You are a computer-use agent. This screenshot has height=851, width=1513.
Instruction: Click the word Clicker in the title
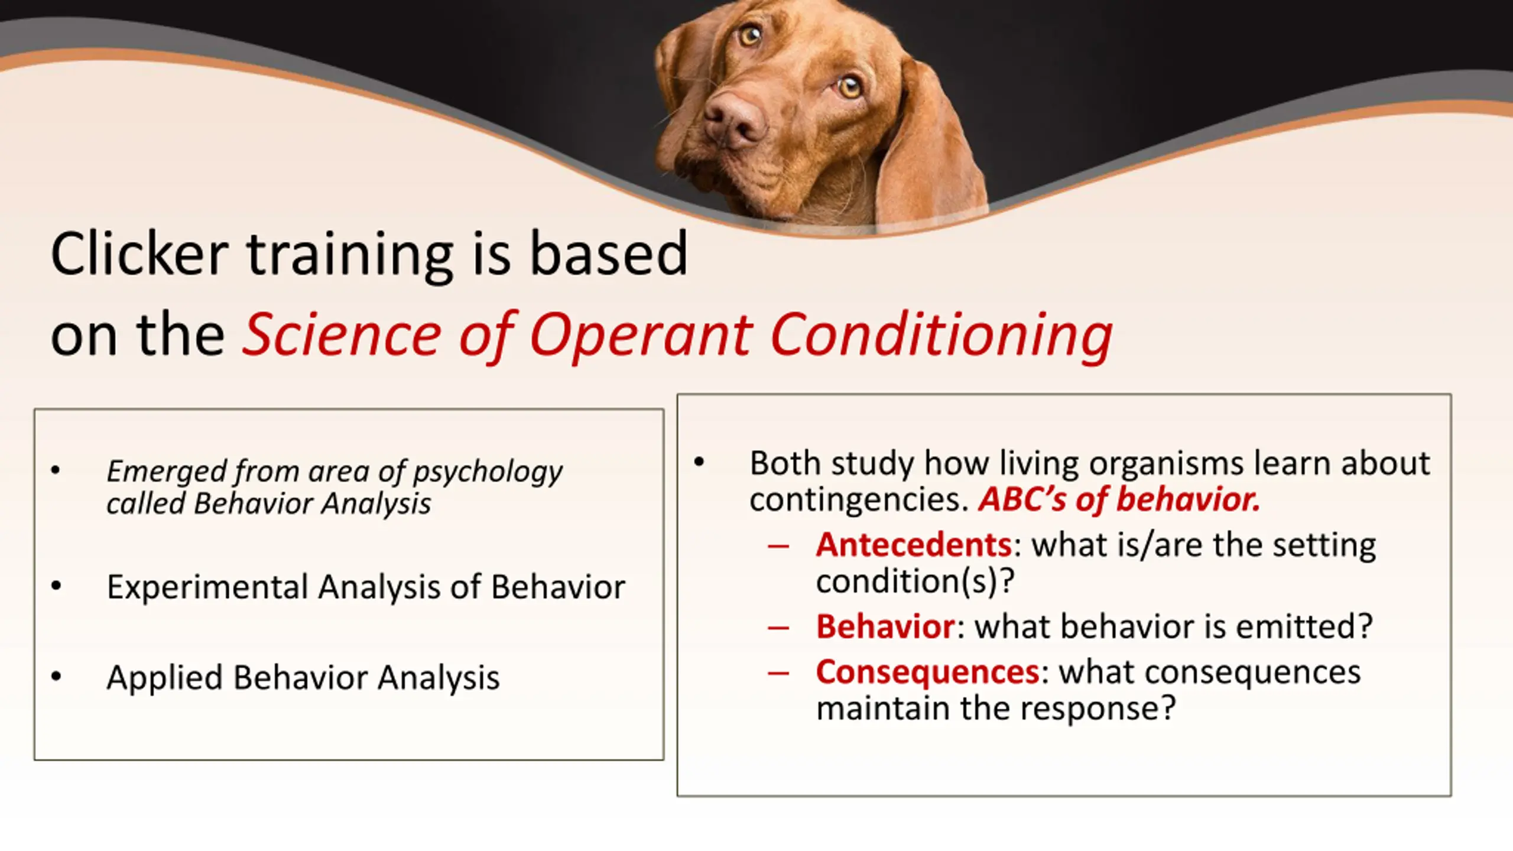click(x=139, y=254)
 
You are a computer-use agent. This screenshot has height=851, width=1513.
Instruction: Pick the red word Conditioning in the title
click(x=942, y=335)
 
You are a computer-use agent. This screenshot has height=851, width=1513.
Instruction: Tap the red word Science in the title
click(x=342, y=335)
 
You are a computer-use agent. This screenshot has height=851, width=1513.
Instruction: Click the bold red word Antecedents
click(x=914, y=544)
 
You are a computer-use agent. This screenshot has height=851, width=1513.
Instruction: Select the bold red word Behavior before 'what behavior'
click(x=885, y=626)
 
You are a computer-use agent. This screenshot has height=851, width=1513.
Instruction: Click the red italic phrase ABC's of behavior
click(x=1119, y=499)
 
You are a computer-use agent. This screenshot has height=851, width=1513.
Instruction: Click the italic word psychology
click(x=488, y=472)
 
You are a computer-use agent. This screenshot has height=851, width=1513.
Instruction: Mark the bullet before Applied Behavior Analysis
click(x=56, y=676)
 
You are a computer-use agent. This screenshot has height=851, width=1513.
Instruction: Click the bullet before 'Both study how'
click(x=699, y=462)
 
